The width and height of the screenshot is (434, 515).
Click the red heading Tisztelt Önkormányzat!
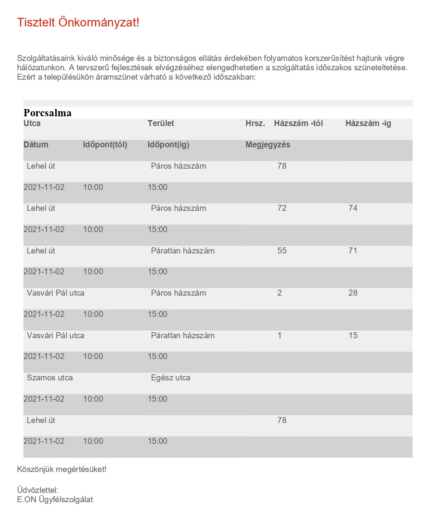point(78,23)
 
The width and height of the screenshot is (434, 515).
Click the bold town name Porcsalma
point(48,113)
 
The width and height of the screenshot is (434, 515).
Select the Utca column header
point(32,124)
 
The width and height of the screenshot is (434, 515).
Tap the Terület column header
point(161,124)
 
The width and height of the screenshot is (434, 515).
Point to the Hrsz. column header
point(255,124)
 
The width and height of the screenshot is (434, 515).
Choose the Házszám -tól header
point(298,124)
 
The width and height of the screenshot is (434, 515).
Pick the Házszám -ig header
point(368,124)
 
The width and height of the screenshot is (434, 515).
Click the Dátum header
point(36,145)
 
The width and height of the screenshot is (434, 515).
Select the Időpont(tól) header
point(105,145)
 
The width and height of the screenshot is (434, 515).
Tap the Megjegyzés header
point(268,145)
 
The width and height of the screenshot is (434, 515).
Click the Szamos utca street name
point(50,378)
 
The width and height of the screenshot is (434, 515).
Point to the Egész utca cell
point(171,378)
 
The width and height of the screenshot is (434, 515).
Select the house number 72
point(282,208)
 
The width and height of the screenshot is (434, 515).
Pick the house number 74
point(353,208)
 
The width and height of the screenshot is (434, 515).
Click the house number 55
point(282,251)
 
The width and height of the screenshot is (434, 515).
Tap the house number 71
point(353,251)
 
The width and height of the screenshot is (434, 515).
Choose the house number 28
point(353,293)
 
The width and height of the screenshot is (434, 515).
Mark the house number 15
point(353,336)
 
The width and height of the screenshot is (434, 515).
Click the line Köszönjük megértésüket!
point(62,469)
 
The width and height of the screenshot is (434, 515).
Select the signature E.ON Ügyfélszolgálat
point(55,500)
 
